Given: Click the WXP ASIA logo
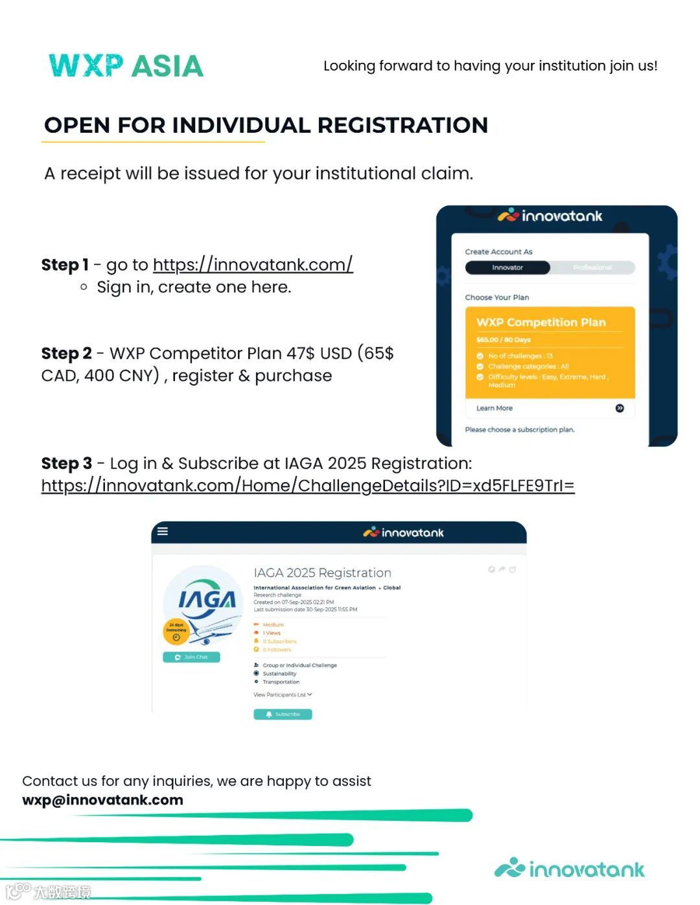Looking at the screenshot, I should pyautogui.click(x=126, y=65).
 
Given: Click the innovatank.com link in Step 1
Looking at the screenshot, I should pyautogui.click(x=253, y=265).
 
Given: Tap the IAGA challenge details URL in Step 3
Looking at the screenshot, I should pyautogui.click(x=308, y=486).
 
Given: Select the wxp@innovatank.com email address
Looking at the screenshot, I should pyautogui.click(x=102, y=800).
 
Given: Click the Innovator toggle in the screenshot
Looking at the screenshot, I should pyautogui.click(x=507, y=268).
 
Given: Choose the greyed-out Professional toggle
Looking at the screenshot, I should pyautogui.click(x=592, y=268).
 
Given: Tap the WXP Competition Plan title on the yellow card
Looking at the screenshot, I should pyautogui.click(x=541, y=322).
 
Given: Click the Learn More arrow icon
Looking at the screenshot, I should pyautogui.click(x=620, y=408).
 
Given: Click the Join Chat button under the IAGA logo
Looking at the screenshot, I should pyautogui.click(x=191, y=657).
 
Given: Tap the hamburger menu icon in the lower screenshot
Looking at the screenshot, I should pyautogui.click(x=163, y=531).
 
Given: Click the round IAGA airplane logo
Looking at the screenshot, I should pyautogui.click(x=203, y=602).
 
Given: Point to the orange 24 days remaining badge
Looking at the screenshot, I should pyautogui.click(x=176, y=631).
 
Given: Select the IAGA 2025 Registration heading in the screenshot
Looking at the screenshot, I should pyautogui.click(x=322, y=573).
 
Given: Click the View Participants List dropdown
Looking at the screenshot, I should pyautogui.click(x=283, y=694).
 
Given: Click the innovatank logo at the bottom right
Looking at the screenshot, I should pyautogui.click(x=570, y=869).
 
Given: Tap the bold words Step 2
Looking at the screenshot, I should pyautogui.click(x=66, y=354).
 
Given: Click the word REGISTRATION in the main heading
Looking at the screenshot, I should pyautogui.click(x=402, y=125).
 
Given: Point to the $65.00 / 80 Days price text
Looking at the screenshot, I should pyautogui.click(x=503, y=339).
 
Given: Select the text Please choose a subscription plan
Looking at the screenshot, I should pyautogui.click(x=519, y=430).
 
